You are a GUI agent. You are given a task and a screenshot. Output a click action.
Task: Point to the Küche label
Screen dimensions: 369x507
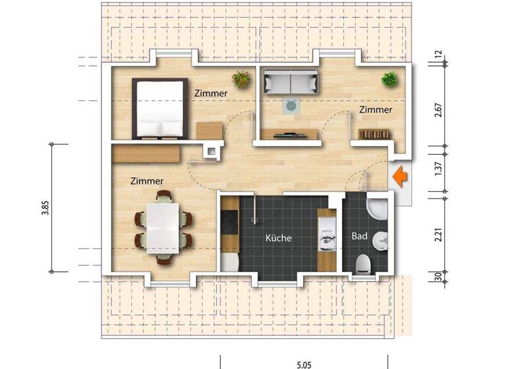click(x=278, y=238)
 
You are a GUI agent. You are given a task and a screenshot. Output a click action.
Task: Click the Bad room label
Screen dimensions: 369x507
click(x=360, y=235)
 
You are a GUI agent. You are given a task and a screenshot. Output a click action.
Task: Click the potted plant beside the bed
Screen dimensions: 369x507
click(x=242, y=80)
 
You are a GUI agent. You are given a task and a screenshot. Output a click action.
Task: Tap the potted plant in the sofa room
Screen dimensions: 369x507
click(x=389, y=80)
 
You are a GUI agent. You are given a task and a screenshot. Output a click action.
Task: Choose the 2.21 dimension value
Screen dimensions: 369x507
click(x=438, y=235)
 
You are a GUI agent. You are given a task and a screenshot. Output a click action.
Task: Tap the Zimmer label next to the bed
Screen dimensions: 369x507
click(x=211, y=94)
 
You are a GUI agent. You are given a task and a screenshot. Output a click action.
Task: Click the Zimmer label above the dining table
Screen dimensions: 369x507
click(x=147, y=181)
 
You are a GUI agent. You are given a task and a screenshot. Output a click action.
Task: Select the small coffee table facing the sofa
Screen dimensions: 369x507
click(x=290, y=105)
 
